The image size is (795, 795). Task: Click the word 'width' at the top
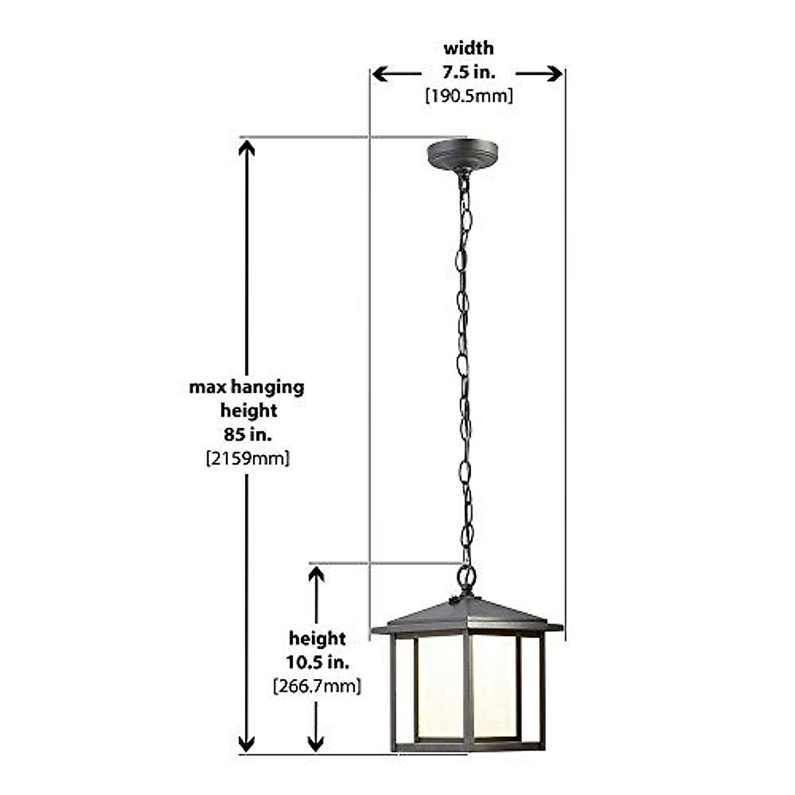pos(468,48)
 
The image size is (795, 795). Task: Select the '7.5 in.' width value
pos(468,72)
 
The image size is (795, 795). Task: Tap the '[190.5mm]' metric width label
pos(468,96)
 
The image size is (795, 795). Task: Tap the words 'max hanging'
pos(247,387)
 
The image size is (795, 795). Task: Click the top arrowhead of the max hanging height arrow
pos(247,147)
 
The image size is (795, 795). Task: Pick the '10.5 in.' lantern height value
pos(317,662)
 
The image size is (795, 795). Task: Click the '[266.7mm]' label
pos(317,686)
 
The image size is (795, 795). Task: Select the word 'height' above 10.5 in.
pos(317,639)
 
